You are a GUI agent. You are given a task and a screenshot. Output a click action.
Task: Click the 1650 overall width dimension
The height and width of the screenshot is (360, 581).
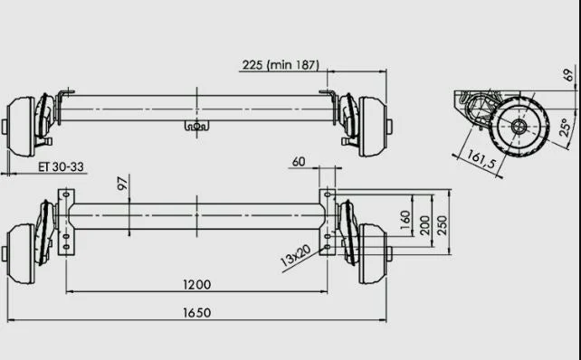(x=196, y=313)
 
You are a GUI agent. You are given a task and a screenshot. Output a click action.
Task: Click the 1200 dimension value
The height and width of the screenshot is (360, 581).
(x=196, y=284)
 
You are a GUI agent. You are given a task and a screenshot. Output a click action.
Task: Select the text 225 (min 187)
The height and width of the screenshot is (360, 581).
(x=281, y=65)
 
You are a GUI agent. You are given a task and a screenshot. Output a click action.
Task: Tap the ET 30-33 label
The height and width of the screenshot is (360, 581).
(x=62, y=166)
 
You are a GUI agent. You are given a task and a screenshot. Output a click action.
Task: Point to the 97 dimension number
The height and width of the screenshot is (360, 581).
(x=122, y=184)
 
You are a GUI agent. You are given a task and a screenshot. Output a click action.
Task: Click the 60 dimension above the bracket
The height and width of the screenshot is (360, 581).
(x=299, y=162)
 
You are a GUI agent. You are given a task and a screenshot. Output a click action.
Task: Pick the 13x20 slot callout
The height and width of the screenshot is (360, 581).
(x=295, y=256)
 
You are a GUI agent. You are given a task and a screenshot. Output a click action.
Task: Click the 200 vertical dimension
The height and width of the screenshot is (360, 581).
(x=425, y=225)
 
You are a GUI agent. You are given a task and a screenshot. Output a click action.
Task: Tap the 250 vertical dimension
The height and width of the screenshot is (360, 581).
(x=442, y=225)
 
